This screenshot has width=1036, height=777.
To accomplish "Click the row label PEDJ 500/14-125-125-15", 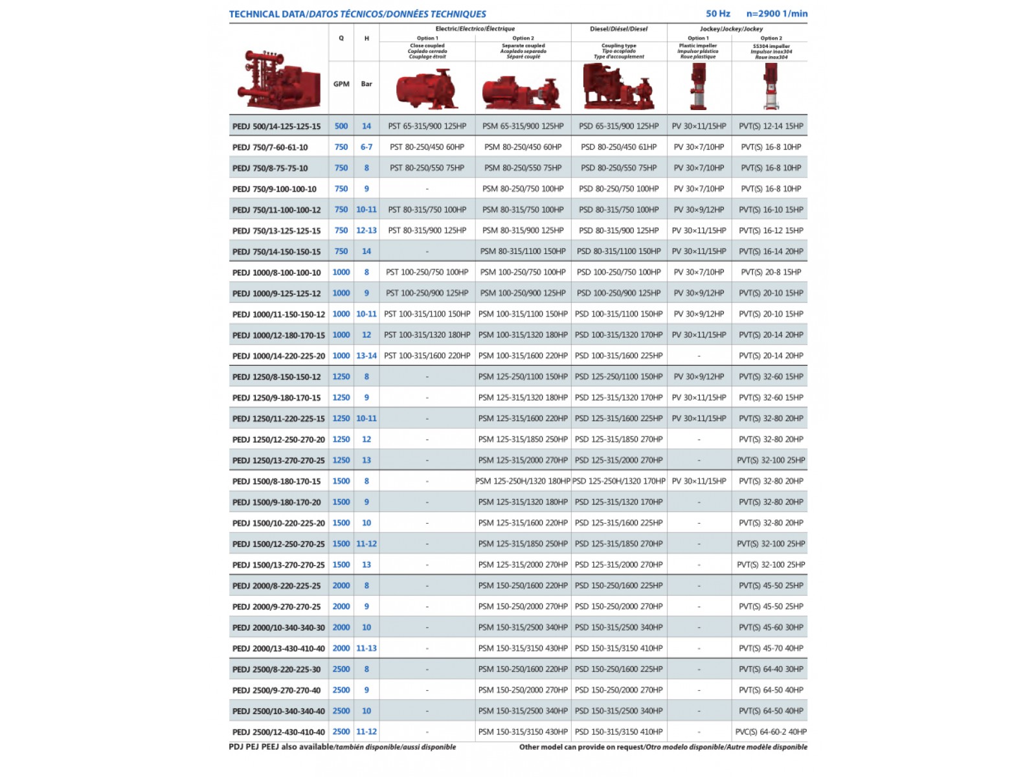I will tap(276, 126).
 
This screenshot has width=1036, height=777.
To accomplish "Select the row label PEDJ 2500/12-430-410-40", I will tap(278, 732).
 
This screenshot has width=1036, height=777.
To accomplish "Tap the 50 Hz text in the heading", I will tap(717, 14).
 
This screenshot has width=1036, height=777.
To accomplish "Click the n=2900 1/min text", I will tap(776, 14).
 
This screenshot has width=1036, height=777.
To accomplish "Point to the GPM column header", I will tap(341, 84).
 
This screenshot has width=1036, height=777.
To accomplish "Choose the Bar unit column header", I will tap(366, 84).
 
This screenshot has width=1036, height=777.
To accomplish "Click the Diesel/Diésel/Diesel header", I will tap(618, 29).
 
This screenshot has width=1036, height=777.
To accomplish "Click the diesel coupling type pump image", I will tap(618, 87).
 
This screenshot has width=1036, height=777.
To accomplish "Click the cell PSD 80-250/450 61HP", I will tap(618, 147).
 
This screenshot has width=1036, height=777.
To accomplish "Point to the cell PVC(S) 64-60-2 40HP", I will tap(771, 732).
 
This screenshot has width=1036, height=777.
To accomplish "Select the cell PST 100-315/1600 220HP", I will tap(427, 355).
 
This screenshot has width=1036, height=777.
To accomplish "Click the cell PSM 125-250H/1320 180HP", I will tap(523, 481).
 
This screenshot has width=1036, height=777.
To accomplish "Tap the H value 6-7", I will tap(366, 147).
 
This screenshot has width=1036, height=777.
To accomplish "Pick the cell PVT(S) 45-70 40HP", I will tap(771, 648).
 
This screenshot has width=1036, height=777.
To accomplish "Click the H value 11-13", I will tap(366, 648).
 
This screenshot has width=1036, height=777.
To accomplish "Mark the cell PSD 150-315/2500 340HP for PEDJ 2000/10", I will tap(618, 627).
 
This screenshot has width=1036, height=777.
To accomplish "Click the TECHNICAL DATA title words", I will tap(267, 14).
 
